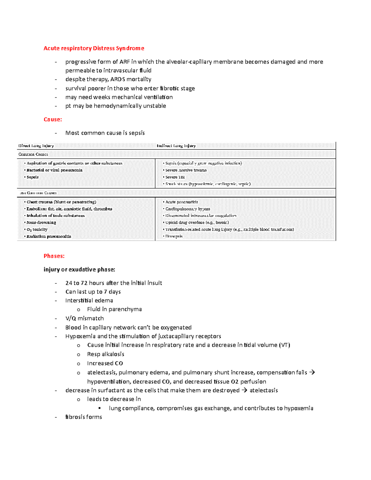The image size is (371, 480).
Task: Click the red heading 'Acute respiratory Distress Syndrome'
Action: [94, 48]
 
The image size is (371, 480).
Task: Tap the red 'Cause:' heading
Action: [53, 119]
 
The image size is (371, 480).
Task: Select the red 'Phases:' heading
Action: [54, 256]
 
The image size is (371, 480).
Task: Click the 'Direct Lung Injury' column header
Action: [36, 146]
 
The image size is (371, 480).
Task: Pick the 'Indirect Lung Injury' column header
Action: [176, 146]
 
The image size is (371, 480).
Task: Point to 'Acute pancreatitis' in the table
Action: [181, 202]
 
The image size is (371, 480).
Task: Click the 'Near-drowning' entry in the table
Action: [41, 222]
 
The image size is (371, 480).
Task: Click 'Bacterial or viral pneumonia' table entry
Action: [54, 170]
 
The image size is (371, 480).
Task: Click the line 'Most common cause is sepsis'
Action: [105, 133]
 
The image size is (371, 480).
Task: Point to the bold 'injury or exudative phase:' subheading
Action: [79, 270]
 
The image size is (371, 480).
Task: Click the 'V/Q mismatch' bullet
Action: [84, 318]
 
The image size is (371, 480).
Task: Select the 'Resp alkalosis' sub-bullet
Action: [105, 354]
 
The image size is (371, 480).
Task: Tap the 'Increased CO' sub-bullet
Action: [105, 363]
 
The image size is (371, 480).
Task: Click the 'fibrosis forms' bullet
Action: [83, 417]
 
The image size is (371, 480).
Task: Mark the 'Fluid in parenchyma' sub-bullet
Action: [114, 309]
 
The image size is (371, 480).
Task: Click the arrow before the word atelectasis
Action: [244, 390]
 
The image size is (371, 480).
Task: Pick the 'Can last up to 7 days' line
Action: [93, 292]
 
